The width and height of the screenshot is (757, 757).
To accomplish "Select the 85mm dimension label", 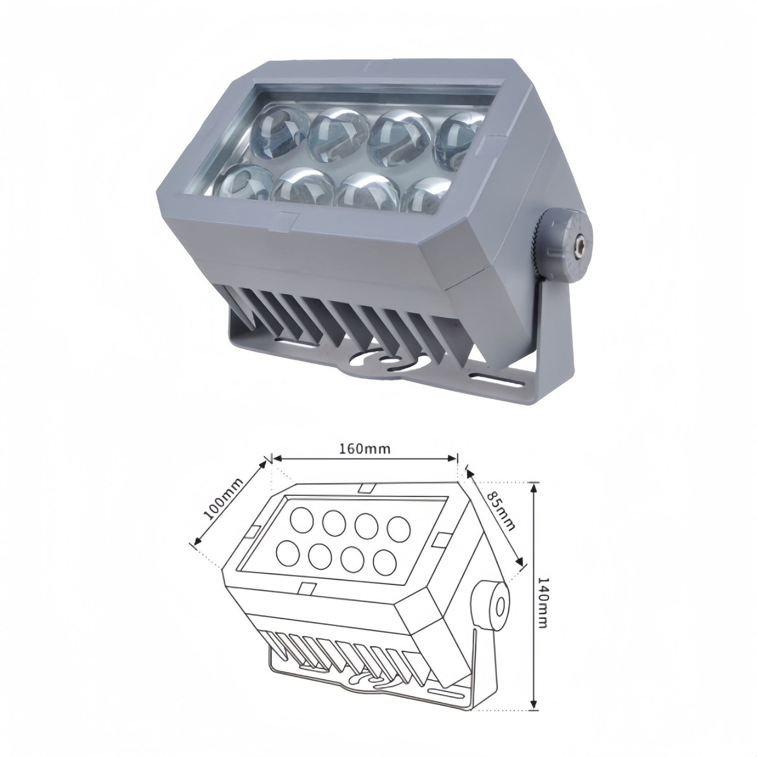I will tap(500, 511).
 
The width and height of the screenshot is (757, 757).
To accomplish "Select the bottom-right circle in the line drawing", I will tap(384, 561).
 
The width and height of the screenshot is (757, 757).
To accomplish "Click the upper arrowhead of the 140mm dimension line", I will tap(534, 487).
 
